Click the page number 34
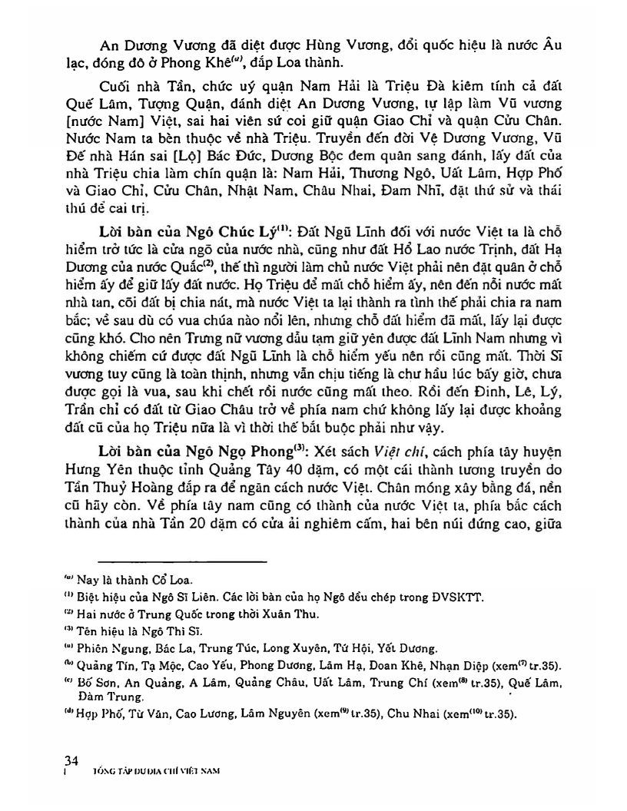click(x=73, y=760)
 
